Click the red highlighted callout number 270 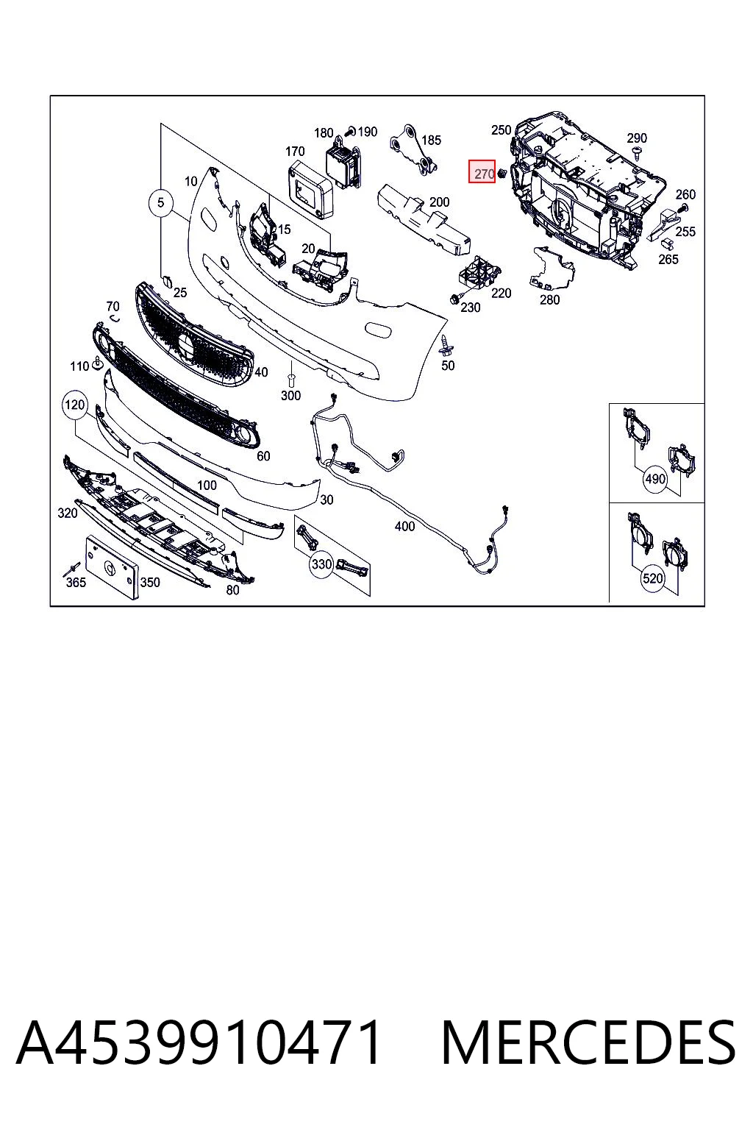(x=482, y=171)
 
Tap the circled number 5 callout (x=160, y=203)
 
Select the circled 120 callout (x=75, y=405)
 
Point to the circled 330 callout (x=322, y=564)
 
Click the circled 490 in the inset (x=654, y=478)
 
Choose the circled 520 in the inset (x=653, y=578)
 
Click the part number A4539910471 (x=199, y=1042)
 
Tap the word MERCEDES (x=588, y=1042)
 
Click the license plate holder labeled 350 (x=113, y=567)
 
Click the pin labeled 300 (x=290, y=380)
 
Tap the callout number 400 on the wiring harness (x=404, y=526)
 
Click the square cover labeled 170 (x=310, y=188)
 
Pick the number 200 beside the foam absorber (x=439, y=202)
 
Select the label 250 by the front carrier (x=502, y=129)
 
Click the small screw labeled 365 (x=71, y=569)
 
